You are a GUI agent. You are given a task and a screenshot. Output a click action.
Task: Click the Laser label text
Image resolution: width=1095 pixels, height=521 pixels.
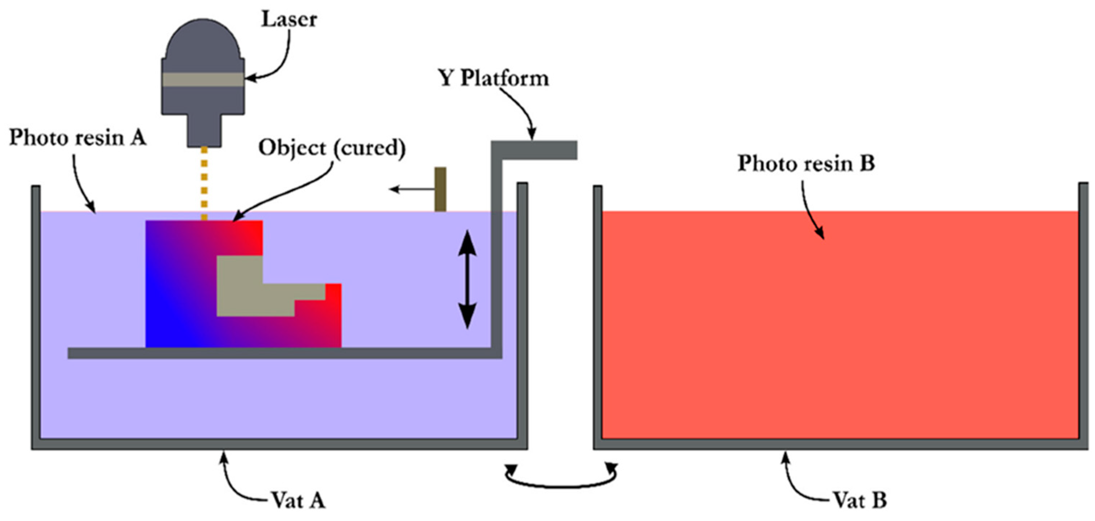click(289, 20)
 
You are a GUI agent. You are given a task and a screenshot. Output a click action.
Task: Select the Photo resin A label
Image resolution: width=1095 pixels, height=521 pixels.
click(78, 138)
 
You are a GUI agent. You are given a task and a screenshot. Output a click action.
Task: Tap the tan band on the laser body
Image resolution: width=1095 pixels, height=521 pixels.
click(203, 80)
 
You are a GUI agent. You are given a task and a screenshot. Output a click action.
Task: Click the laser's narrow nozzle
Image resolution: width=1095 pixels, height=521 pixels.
click(205, 130)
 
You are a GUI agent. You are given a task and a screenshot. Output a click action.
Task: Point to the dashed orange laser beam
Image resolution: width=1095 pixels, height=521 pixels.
click(205, 183)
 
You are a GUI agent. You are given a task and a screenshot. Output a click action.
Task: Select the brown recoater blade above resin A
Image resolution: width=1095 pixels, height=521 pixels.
click(441, 189)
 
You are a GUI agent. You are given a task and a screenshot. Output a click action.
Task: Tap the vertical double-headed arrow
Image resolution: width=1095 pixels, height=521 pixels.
click(467, 279)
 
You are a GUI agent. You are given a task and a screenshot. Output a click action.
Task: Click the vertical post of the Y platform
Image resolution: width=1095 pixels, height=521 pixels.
click(497, 255)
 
